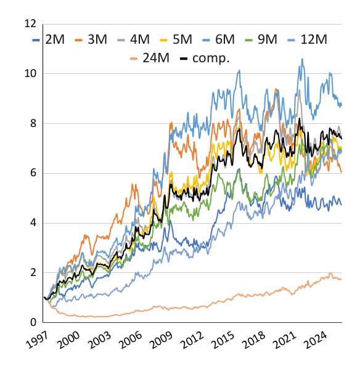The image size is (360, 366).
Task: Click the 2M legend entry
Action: coord(48,39)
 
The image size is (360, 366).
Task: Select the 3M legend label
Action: coord(91,39)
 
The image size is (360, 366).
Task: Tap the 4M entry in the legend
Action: coord(134,39)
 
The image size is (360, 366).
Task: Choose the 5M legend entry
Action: coord(176,39)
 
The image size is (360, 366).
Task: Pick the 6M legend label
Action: coord(218,39)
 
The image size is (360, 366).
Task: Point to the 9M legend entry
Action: coord(261,39)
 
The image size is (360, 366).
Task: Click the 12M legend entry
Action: coord(307,39)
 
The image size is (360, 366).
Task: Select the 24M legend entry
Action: coord(150,58)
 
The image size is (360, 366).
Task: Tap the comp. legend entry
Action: coord(205,59)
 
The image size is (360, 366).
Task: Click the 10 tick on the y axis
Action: coord(30,74)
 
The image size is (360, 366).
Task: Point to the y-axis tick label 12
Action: coord(30,24)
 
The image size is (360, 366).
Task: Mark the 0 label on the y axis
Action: coord(33,323)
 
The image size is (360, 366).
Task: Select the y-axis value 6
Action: coord(33,173)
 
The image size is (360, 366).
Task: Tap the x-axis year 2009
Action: coord(162,340)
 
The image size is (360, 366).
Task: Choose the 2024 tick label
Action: coord(316,340)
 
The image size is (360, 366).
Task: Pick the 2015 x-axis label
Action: coord(223,340)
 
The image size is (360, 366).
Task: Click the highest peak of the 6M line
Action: coord(302,59)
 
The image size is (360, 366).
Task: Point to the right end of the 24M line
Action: coord(342,279)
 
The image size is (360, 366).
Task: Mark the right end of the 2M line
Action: coord(342,205)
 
